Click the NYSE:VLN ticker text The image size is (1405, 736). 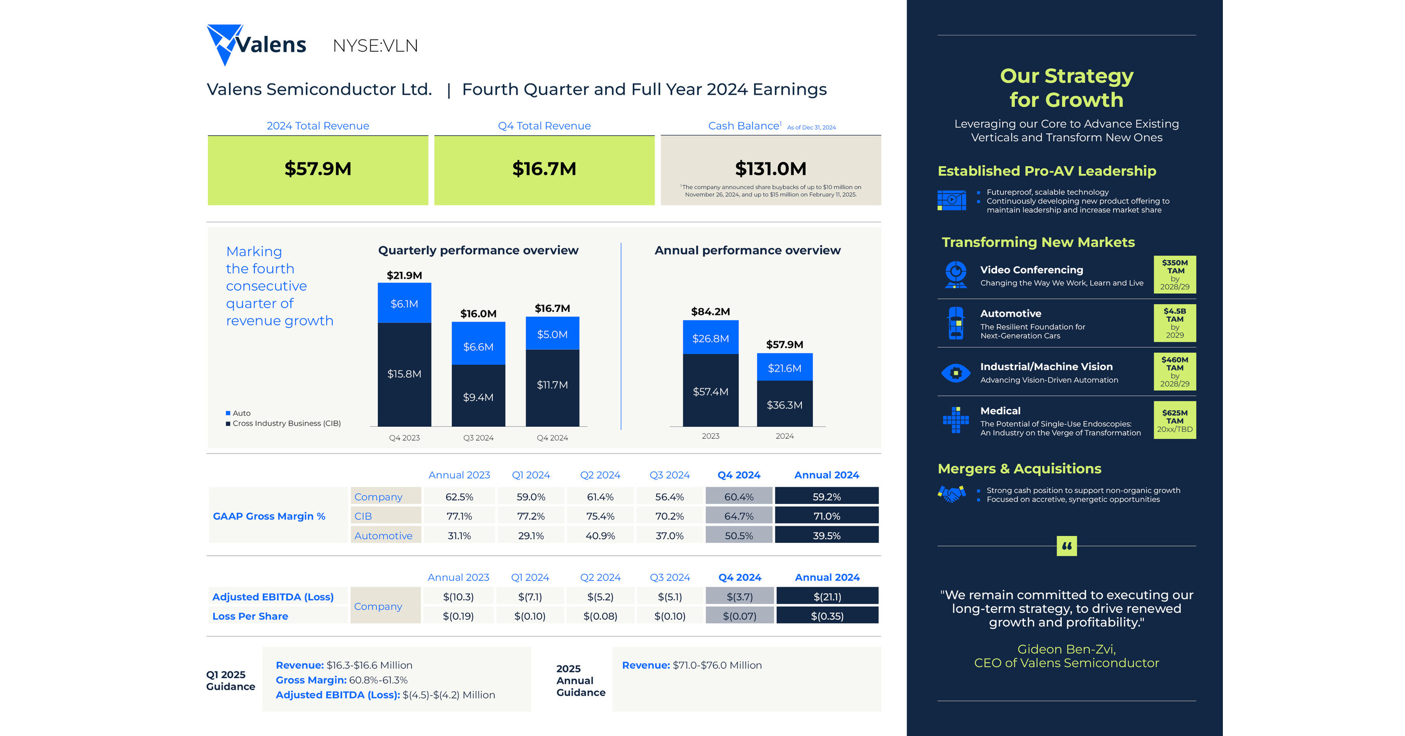(x=375, y=46)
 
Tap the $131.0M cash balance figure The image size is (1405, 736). (x=770, y=169)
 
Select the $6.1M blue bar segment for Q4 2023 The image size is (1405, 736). (x=404, y=303)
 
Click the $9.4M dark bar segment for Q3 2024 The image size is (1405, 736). (x=478, y=397)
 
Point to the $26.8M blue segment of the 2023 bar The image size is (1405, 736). (x=710, y=338)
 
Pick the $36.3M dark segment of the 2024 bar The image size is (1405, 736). (x=784, y=405)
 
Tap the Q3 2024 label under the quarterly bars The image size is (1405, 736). (x=478, y=438)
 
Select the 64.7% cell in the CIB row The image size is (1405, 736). (x=738, y=516)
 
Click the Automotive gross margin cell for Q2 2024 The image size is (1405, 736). (x=600, y=536)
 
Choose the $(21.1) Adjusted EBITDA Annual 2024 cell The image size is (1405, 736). (x=827, y=597)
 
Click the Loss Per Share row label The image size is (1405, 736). (x=250, y=616)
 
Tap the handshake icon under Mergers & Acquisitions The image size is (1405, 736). (x=951, y=494)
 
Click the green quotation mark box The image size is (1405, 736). (x=1066, y=545)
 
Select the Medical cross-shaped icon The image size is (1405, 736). (x=955, y=420)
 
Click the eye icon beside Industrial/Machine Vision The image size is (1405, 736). (x=955, y=373)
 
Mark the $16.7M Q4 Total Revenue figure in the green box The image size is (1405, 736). (x=544, y=169)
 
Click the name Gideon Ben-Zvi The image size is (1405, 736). (x=1066, y=649)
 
